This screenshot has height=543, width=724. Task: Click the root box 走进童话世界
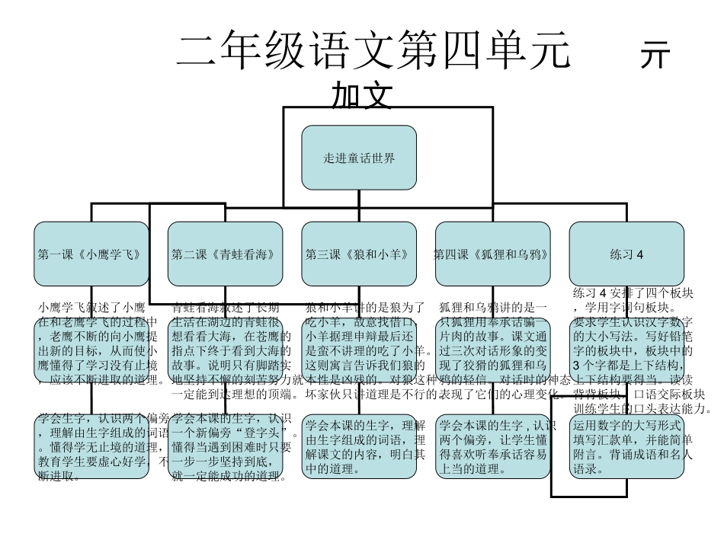[359, 158]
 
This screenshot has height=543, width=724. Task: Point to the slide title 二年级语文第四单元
[373, 52]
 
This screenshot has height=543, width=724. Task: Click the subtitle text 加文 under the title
[361, 97]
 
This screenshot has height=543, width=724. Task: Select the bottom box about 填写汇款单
[626, 446]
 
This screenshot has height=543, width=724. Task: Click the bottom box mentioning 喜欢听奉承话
[492, 446]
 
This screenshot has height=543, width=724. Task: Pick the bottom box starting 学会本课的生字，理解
[359, 446]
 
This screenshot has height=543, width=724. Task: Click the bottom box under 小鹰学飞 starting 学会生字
[91, 446]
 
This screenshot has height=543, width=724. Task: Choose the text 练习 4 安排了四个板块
[632, 293]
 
